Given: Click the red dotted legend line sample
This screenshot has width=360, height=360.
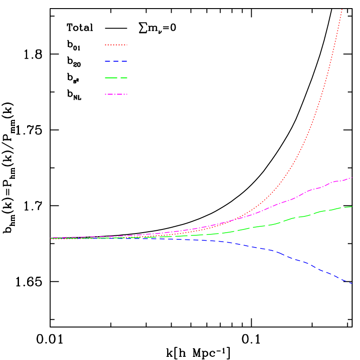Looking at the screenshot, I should (116, 45).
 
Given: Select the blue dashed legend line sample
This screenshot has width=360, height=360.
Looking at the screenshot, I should (116, 61).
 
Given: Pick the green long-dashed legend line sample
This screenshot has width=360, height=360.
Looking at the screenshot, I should (116, 78).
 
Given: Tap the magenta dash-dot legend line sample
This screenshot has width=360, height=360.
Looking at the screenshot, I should (116, 94).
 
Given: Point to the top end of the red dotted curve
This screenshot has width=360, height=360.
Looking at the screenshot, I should (342, 9).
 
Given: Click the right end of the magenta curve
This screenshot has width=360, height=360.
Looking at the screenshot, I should (351, 178).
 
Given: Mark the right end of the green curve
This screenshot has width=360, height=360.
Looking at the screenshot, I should (352, 206).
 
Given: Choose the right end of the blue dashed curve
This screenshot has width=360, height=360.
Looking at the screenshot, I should (351, 283).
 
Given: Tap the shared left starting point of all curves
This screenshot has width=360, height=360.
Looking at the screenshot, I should (51, 238).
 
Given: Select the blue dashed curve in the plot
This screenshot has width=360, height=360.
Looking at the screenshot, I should (298, 260).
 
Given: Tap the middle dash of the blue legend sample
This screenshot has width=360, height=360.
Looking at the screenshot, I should (116, 61).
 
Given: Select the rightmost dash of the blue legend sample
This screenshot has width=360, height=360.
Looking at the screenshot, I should (125, 61).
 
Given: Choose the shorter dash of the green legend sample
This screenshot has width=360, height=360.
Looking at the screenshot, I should (124, 78).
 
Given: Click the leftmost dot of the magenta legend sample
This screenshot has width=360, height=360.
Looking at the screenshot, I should (106, 94).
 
